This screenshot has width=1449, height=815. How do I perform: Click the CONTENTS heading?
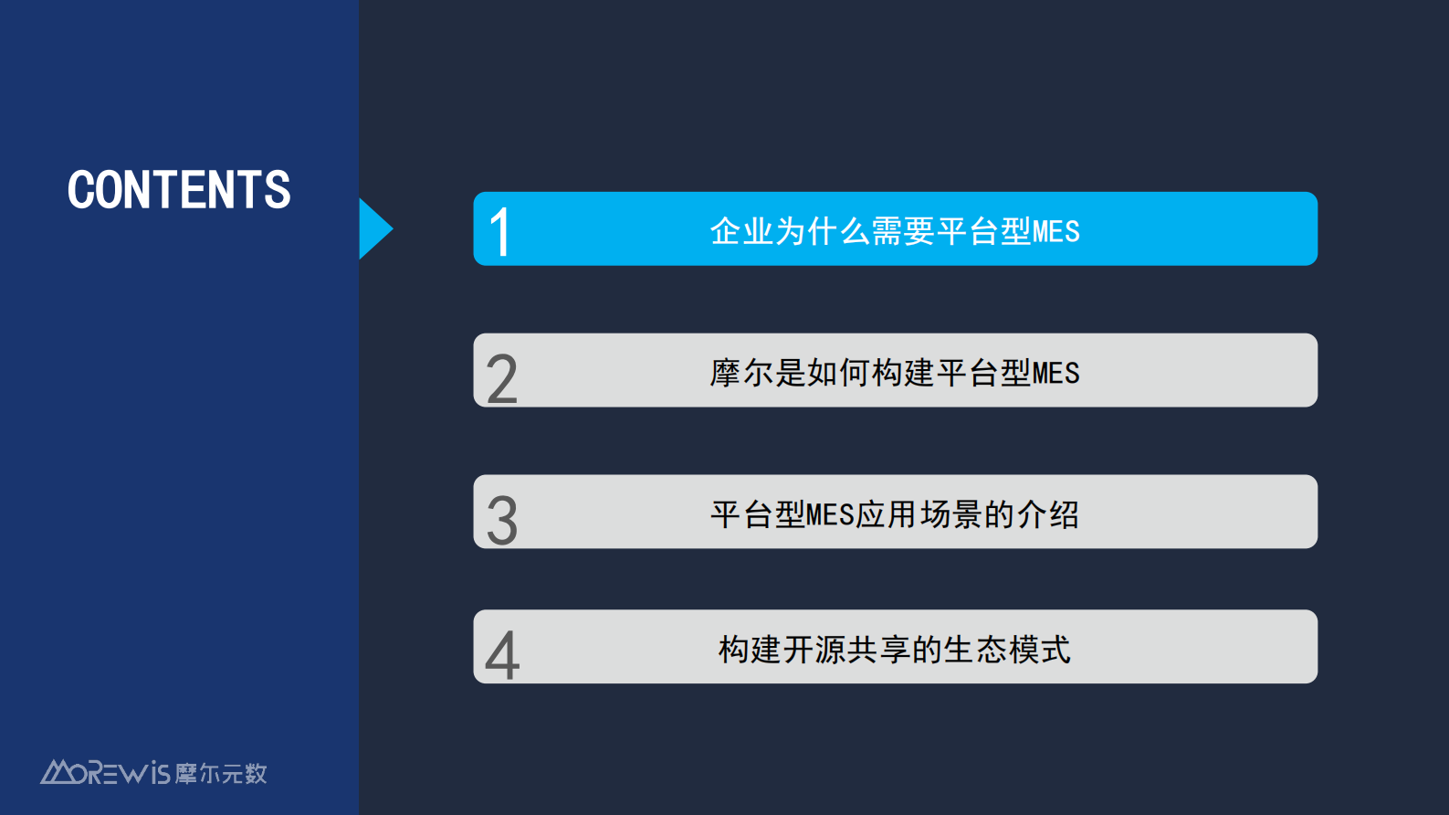(179, 190)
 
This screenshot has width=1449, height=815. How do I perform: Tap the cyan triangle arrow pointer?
(374, 228)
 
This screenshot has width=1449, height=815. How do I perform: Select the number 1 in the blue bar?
(499, 232)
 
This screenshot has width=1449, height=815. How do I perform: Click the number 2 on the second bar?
(502, 379)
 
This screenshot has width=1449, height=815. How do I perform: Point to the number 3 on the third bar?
(502, 521)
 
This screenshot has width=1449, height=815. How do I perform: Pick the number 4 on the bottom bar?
(502, 655)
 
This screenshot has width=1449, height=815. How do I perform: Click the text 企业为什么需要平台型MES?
(895, 231)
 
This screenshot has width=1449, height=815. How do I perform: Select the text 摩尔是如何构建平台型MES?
(895, 373)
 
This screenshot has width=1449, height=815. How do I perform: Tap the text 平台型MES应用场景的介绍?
(895, 514)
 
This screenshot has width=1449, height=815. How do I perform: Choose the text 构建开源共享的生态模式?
(895, 650)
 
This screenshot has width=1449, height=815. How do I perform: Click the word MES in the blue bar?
(1056, 232)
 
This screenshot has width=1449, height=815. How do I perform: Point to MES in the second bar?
(1056, 374)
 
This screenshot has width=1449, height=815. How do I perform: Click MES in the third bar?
(830, 515)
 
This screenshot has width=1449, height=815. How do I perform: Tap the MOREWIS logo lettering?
(106, 773)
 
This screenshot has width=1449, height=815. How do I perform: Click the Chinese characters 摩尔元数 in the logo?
(221, 774)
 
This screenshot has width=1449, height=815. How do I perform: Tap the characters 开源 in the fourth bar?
(814, 650)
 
